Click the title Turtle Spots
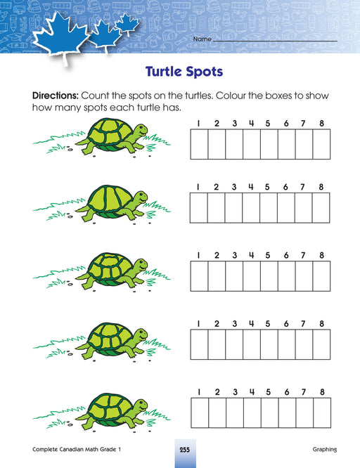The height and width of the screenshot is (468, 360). coord(184,72)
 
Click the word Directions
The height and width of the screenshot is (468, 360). coord(56,96)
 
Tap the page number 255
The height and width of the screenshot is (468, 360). coord(185,450)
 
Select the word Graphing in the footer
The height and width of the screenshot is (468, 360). coord(324,450)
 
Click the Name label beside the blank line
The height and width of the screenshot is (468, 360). coord(202,39)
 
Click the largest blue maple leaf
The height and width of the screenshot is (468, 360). coord(61,36)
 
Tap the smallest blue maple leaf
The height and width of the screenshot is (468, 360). coord(127,24)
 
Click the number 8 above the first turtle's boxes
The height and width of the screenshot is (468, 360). coord(321,123)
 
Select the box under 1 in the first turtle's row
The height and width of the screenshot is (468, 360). coord(199,144)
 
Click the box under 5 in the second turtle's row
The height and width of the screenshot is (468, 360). coord(269,208)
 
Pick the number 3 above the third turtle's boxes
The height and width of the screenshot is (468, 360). coord(235,255)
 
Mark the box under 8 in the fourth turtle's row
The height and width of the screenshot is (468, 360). coord(321,344)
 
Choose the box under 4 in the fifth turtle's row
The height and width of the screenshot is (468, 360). coord(252,412)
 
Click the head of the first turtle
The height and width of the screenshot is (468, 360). coord(140,131)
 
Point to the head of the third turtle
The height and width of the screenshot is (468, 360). coord(140,265)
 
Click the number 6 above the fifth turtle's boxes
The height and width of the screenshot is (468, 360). coord(287,392)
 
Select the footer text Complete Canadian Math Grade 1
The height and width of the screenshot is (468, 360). coord(77,449)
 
